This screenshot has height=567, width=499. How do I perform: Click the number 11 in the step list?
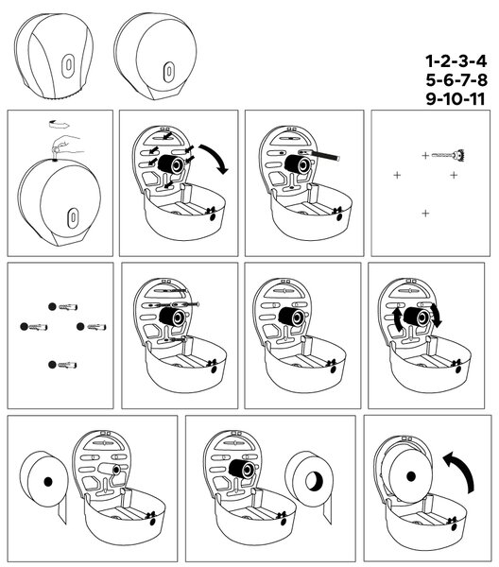pos(474,99)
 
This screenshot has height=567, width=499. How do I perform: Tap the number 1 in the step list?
pos(430,61)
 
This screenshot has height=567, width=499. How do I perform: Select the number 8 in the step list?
pos(482,80)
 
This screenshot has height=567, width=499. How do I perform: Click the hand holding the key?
pos(67,145)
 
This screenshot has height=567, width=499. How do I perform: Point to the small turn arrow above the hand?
pos(59,124)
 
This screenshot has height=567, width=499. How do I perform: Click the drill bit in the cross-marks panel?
pos(448,156)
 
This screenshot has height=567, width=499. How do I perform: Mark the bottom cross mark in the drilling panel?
pos(425,214)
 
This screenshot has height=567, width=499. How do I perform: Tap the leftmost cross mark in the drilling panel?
pos(397,176)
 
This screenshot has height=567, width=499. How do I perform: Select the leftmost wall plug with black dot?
pos(34,327)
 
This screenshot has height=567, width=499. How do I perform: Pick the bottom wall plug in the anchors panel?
pos(62,365)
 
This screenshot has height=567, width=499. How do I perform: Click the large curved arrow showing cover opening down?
pos(215,157)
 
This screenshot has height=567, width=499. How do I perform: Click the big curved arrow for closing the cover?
pos(459,470)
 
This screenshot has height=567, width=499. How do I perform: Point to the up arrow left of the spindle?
pos(397,318)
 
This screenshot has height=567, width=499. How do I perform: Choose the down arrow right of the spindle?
pos(437,316)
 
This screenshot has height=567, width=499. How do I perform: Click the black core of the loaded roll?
pos(411,476)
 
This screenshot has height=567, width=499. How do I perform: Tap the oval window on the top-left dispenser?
pos(68,66)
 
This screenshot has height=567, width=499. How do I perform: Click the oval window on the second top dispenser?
pos(168,72)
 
